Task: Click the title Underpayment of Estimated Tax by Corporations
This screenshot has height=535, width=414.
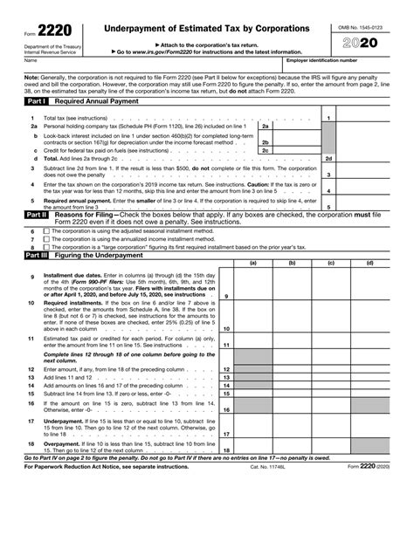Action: coord(207,30)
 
